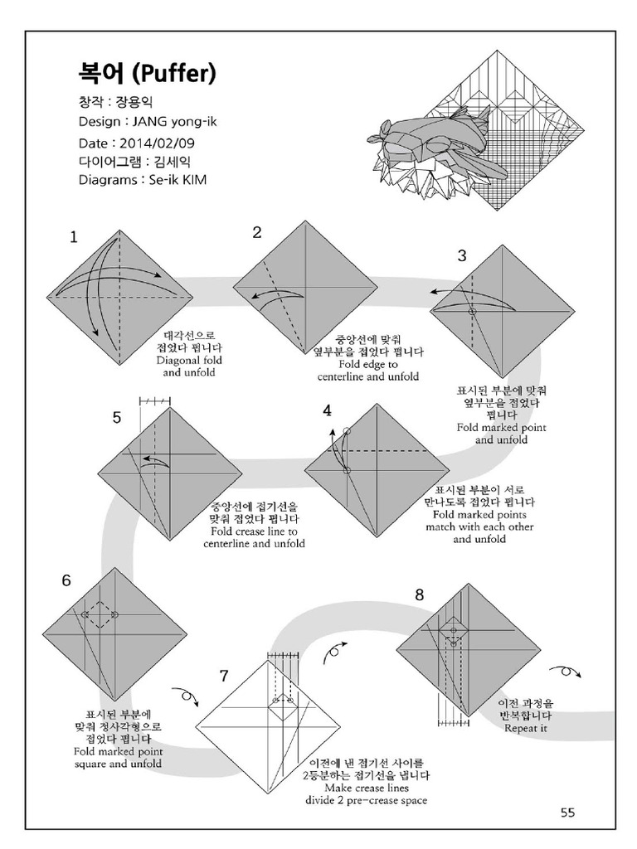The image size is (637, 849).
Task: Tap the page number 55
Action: tap(566, 813)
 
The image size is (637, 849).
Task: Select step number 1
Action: tap(74, 237)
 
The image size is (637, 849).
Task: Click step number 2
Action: tap(257, 232)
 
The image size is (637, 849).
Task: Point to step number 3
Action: tap(463, 255)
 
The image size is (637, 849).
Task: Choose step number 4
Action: tap(328, 410)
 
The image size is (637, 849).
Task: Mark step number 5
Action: tap(117, 418)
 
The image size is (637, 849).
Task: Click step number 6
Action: tap(66, 580)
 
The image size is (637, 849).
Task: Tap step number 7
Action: tap(223, 675)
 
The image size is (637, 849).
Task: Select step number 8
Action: tap(419, 594)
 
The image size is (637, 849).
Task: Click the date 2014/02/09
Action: tap(153, 143)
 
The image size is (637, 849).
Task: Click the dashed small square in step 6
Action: tap(100, 614)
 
